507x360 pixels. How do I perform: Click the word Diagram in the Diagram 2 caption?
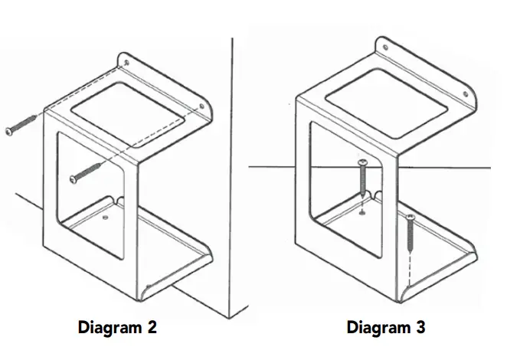109,328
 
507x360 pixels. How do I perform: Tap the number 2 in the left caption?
152,328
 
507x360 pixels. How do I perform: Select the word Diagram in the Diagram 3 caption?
378,328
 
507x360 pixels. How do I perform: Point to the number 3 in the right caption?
420,328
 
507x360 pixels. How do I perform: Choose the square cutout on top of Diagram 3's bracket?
382,97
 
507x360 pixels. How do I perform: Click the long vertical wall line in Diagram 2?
232,153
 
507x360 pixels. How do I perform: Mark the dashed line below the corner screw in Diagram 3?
411,264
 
